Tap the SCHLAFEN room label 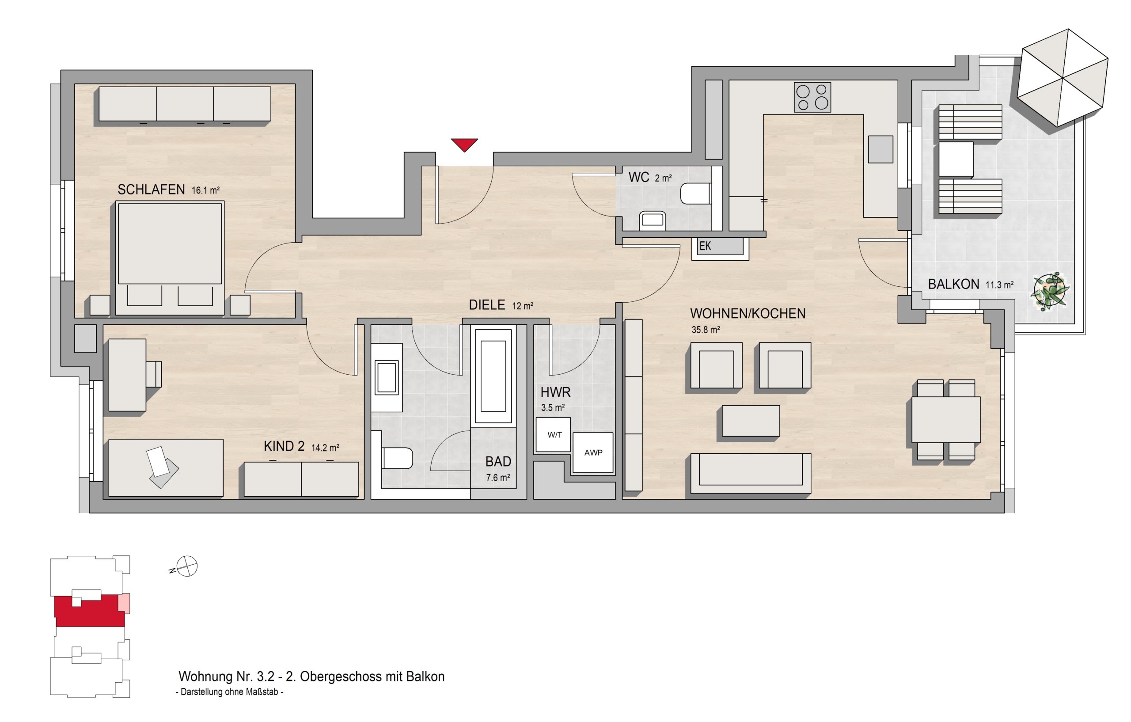(x=151, y=189)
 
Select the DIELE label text (x=487, y=305)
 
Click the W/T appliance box (x=553, y=434)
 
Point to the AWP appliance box (x=593, y=452)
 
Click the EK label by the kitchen (x=705, y=246)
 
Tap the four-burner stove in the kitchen (x=812, y=97)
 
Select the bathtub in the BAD (x=493, y=376)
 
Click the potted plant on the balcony (x=1050, y=291)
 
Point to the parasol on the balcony (x=1063, y=78)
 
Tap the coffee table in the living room (x=751, y=421)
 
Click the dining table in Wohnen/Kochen (x=946, y=419)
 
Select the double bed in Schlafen (x=170, y=258)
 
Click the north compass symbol (x=187, y=566)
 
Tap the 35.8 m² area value (x=706, y=330)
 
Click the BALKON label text (x=953, y=284)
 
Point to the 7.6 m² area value (x=498, y=478)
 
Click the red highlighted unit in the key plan (x=89, y=611)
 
